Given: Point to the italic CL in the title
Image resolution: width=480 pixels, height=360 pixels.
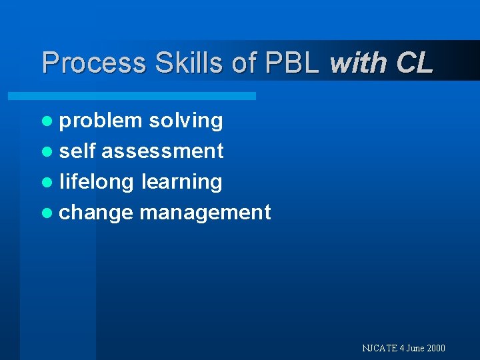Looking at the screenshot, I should pos(414,63).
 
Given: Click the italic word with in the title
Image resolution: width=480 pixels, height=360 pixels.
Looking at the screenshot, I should pos(359,63).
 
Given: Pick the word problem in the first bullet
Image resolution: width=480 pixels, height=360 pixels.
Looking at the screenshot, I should pos(101,121).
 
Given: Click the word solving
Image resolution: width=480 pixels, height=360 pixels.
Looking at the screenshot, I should pos(186,121).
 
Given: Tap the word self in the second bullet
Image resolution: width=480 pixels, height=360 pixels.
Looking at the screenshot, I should pos(78,151).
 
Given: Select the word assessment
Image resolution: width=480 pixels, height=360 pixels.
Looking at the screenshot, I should pos(163,151).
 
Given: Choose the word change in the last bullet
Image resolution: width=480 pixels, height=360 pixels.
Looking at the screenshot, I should pos(97,212).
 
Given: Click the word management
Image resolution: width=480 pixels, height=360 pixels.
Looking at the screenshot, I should pos(205,212).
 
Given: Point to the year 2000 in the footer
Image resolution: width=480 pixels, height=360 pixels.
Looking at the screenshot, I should pos(435,348).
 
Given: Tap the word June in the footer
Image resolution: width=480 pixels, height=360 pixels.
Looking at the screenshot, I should pos(412,348).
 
